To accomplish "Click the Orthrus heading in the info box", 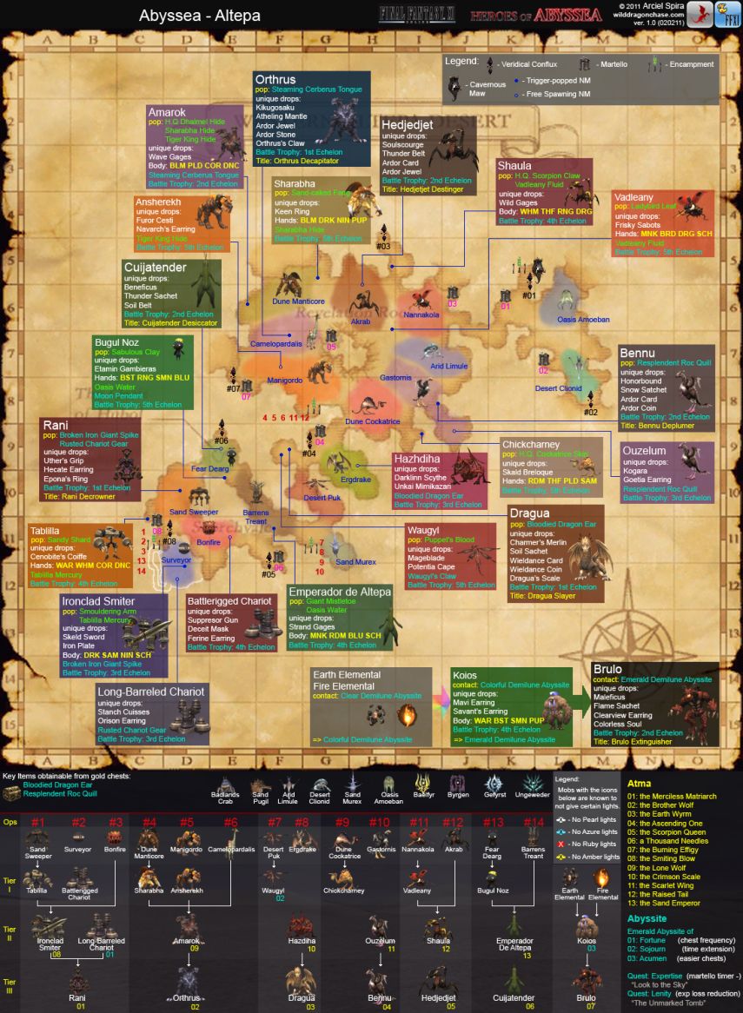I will (275, 79).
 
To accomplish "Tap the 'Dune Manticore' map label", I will (298, 301).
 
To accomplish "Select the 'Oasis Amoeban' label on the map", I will (583, 320).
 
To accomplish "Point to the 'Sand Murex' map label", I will (355, 562).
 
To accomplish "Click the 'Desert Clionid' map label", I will (558, 388).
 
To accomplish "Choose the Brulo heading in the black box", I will (607, 669).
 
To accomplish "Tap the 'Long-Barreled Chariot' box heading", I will (151, 692).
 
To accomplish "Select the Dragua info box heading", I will (529, 513).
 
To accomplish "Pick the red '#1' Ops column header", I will (38, 822).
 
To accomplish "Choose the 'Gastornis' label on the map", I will (395, 377).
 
